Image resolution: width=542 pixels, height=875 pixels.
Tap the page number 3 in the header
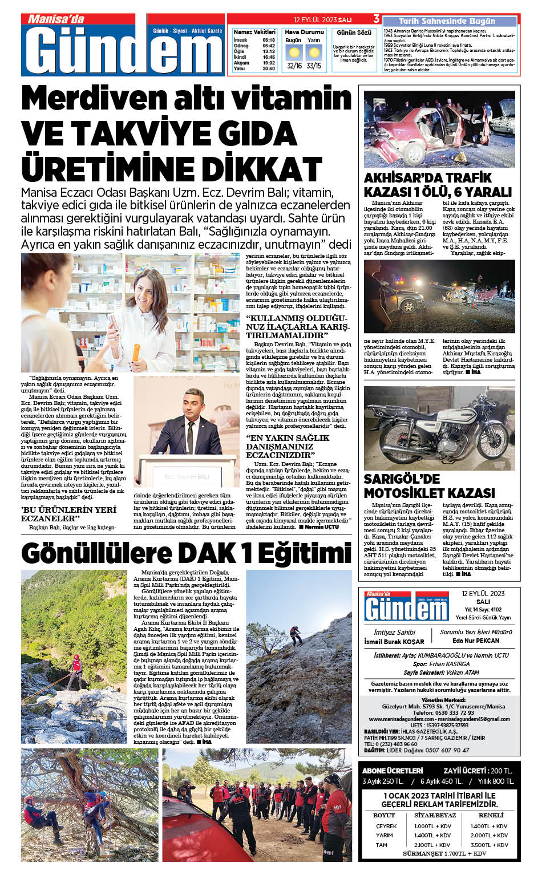point(377,19)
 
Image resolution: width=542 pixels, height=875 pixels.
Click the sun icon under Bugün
point(294,53)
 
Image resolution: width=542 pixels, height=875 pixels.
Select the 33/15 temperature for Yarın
point(313,66)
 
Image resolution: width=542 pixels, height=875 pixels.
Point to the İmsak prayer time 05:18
point(268,40)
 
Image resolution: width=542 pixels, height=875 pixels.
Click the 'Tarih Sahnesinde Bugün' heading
point(447,21)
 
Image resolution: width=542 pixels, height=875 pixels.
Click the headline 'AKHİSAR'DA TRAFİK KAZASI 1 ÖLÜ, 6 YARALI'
point(438,184)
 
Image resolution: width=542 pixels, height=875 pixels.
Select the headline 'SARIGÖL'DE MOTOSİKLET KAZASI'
point(429,485)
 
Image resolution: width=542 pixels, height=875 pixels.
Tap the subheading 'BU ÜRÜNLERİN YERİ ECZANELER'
point(68,513)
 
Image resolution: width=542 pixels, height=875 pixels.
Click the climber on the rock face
point(296,634)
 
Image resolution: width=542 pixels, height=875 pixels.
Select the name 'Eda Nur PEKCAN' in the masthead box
point(475,641)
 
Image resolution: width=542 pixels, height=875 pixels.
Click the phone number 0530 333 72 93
point(443,712)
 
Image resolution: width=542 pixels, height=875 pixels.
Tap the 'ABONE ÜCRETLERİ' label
point(393,771)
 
